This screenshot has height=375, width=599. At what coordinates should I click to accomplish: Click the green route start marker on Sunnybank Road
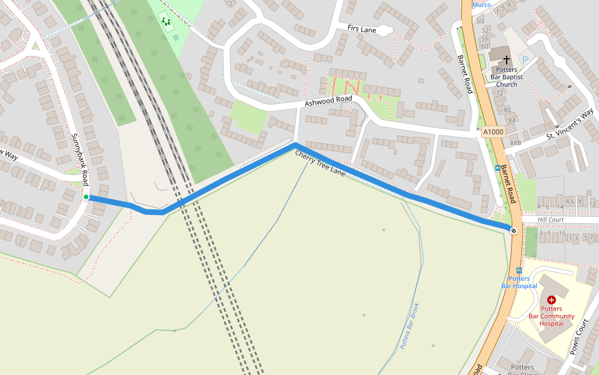(x=86, y=197)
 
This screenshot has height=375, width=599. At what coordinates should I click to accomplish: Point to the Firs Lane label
(x=362, y=29)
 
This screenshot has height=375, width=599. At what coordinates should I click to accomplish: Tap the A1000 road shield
(x=492, y=132)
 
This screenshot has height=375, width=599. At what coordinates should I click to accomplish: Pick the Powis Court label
(x=580, y=337)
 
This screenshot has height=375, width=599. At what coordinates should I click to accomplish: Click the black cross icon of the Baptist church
(x=507, y=59)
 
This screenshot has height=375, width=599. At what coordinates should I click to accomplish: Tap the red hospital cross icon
(x=552, y=300)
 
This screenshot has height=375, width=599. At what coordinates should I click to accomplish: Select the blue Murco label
(x=481, y=4)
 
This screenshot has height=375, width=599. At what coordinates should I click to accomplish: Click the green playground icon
(x=166, y=22)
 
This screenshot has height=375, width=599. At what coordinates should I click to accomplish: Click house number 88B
(x=515, y=143)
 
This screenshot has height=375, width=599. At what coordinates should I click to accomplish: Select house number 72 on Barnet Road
(x=499, y=93)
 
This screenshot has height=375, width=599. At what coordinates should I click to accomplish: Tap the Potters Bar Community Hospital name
(x=552, y=316)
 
